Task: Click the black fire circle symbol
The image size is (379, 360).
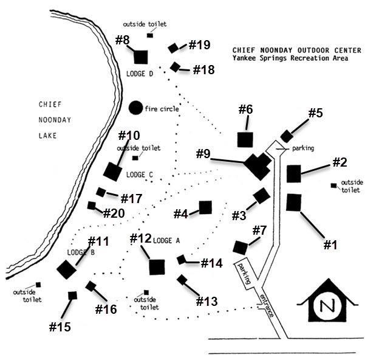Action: (x=135, y=108)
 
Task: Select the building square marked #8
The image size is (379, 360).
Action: (x=141, y=57)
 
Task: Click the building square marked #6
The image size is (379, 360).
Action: (x=245, y=139)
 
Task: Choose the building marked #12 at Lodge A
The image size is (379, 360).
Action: (x=157, y=266)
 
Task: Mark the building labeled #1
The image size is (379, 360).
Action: (x=294, y=202)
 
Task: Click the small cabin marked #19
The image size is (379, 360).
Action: (x=173, y=48)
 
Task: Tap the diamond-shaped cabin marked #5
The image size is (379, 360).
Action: (x=286, y=136)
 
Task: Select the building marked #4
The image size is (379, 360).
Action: (x=205, y=207)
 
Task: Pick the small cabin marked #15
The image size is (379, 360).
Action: (x=72, y=296)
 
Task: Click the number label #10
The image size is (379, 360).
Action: (x=129, y=135)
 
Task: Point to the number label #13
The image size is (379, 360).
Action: (x=207, y=301)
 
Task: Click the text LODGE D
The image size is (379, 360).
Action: (x=140, y=74)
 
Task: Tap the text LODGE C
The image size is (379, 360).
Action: (x=139, y=175)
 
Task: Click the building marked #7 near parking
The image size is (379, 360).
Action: (x=241, y=247)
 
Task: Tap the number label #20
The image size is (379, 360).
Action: (x=114, y=213)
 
